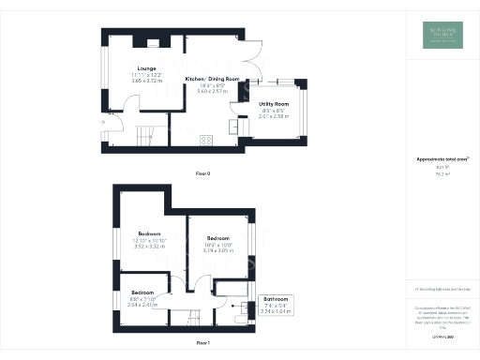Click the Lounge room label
(x=146, y=68)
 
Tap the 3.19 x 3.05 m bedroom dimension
(x=218, y=251)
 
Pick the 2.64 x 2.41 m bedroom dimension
(x=142, y=305)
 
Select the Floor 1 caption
(x=202, y=343)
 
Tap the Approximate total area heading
(x=442, y=159)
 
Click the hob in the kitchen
(x=206, y=141)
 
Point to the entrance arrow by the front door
(x=101, y=123)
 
